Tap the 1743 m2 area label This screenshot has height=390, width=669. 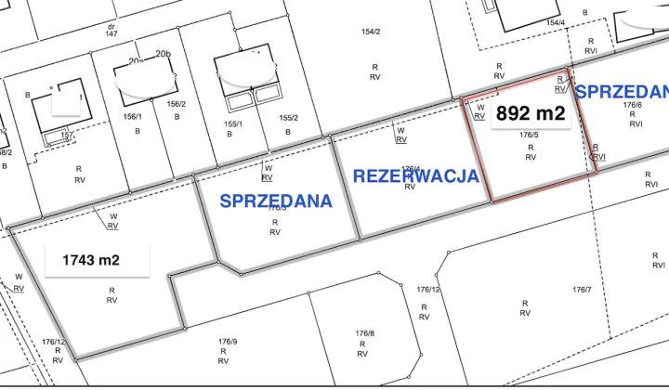[x=91, y=260]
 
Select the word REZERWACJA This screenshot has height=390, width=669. [x=416, y=175]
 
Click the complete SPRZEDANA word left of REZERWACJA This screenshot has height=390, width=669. [x=276, y=200]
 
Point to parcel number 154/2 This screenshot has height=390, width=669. [x=371, y=32]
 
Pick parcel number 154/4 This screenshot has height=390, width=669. [x=556, y=23]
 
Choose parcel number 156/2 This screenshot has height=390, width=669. [x=177, y=104]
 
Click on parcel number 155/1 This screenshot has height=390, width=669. [x=232, y=123]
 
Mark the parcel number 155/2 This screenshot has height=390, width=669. [x=288, y=118]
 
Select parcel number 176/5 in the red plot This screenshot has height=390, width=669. [x=531, y=136]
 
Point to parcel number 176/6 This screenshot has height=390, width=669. [x=633, y=105]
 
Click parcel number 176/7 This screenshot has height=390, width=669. [x=582, y=290]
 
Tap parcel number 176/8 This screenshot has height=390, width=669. [x=364, y=332]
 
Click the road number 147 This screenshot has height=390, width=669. [x=111, y=33]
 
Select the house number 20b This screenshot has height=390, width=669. [x=164, y=55]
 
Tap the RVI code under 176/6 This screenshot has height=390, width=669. [x=633, y=125]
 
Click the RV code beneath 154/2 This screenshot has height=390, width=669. [x=374, y=78]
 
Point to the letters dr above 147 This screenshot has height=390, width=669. [x=111, y=26]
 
